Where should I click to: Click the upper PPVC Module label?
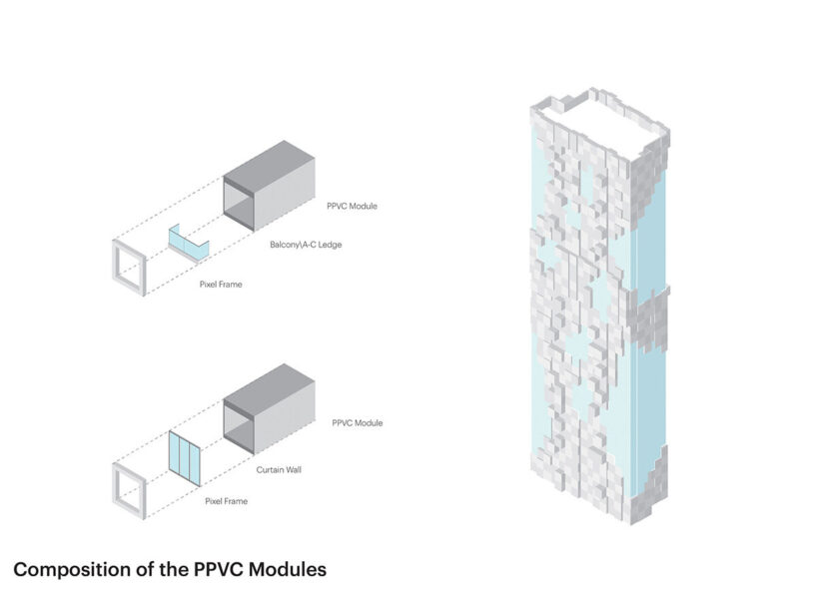352,207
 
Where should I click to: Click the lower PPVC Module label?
357,423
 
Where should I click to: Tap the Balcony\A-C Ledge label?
306,245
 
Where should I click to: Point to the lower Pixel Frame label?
226,500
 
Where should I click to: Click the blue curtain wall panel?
184,458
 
